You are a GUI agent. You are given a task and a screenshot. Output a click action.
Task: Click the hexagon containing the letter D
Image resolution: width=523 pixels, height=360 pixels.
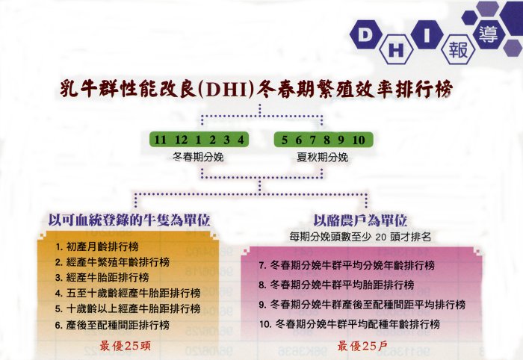[365, 35]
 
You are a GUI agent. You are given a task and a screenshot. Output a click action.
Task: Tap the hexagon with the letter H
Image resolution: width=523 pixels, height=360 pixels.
[396, 50]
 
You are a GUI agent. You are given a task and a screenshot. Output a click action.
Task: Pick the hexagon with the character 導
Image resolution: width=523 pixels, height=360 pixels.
[488, 34]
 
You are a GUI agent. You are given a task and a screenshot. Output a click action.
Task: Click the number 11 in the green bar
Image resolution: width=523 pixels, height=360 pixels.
[160, 140]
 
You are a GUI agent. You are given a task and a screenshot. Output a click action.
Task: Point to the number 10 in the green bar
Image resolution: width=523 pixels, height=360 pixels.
[359, 140]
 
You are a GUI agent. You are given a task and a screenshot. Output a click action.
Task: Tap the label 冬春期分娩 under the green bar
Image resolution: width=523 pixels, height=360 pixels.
[198, 157]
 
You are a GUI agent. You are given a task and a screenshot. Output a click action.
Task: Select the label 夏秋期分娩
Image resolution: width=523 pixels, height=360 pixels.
[323, 157]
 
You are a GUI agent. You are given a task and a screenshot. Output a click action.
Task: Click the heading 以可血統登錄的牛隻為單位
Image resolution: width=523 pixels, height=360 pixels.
[129, 220]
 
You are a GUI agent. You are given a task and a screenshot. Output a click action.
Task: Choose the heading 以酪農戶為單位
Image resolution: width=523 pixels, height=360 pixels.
[360, 220]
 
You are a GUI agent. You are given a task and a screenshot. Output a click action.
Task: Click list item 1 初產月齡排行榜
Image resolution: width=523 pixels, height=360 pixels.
[96, 246]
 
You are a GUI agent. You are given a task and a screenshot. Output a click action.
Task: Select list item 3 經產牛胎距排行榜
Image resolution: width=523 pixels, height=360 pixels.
[102, 277]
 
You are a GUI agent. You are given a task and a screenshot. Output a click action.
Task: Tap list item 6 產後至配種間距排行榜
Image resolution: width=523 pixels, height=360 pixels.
[112, 325]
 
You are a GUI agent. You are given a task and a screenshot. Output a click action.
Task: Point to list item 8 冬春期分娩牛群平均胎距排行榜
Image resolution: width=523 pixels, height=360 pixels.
[336, 285]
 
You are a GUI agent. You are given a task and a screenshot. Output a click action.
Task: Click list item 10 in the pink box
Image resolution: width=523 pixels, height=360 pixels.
[350, 324]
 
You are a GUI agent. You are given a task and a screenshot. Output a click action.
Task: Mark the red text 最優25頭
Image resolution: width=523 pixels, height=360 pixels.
[125, 346]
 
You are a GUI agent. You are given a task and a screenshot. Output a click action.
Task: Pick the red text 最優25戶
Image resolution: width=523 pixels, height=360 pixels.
[362, 346]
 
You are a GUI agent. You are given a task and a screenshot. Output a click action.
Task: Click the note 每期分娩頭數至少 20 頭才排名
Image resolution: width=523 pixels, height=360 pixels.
[360, 237]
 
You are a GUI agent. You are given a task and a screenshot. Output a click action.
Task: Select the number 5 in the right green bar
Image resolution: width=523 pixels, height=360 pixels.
[284, 140]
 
